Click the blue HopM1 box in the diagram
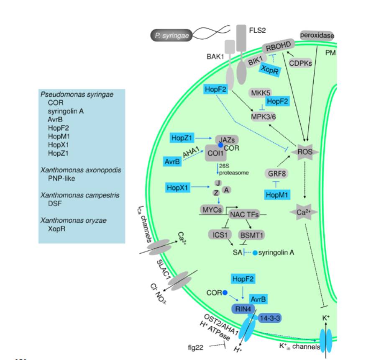point(278,195)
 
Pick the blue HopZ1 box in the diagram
point(183,137)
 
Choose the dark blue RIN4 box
point(241,309)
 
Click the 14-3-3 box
point(270,318)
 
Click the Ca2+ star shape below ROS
point(304,213)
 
